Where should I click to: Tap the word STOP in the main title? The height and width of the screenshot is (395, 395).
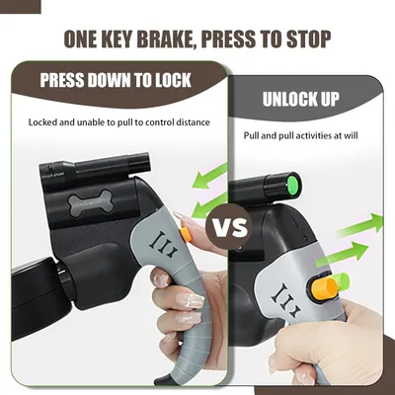[308, 39]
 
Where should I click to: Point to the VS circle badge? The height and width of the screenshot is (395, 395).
[229, 227]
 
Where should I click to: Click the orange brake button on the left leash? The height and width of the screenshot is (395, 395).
[186, 235]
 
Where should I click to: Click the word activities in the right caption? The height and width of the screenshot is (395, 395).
[317, 135]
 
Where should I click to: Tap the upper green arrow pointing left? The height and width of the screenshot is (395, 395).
[209, 177]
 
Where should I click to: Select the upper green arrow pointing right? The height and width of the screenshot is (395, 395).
[360, 225]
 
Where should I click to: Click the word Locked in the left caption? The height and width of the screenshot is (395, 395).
[41, 122]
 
